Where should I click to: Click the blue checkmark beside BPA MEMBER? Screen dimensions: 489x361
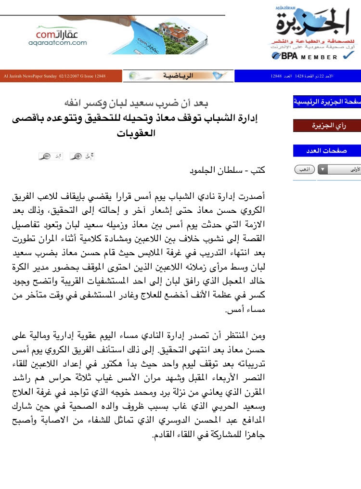tap(348, 56)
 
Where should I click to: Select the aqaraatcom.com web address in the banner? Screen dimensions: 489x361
tap(57, 43)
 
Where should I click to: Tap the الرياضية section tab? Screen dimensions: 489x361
tap(178, 76)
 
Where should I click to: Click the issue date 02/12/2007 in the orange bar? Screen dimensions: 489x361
tap(71, 76)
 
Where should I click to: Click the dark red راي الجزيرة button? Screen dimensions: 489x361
tap(327, 126)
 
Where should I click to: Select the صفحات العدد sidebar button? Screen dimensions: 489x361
tap(327, 151)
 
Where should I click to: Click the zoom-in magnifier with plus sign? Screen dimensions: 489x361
tap(76, 156)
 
